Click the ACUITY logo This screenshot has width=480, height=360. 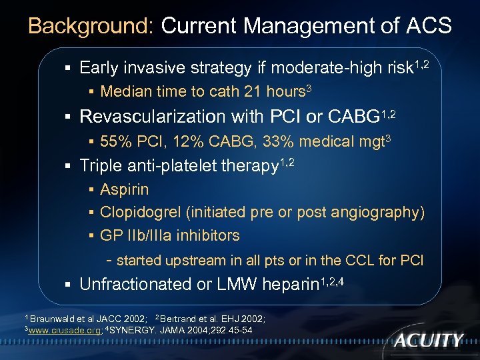(x=427, y=340)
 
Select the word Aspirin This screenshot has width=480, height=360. (x=124, y=189)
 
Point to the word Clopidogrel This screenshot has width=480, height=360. (x=141, y=213)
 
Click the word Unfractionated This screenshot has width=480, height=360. (x=136, y=284)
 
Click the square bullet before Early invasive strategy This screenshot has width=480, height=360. (x=69, y=67)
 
